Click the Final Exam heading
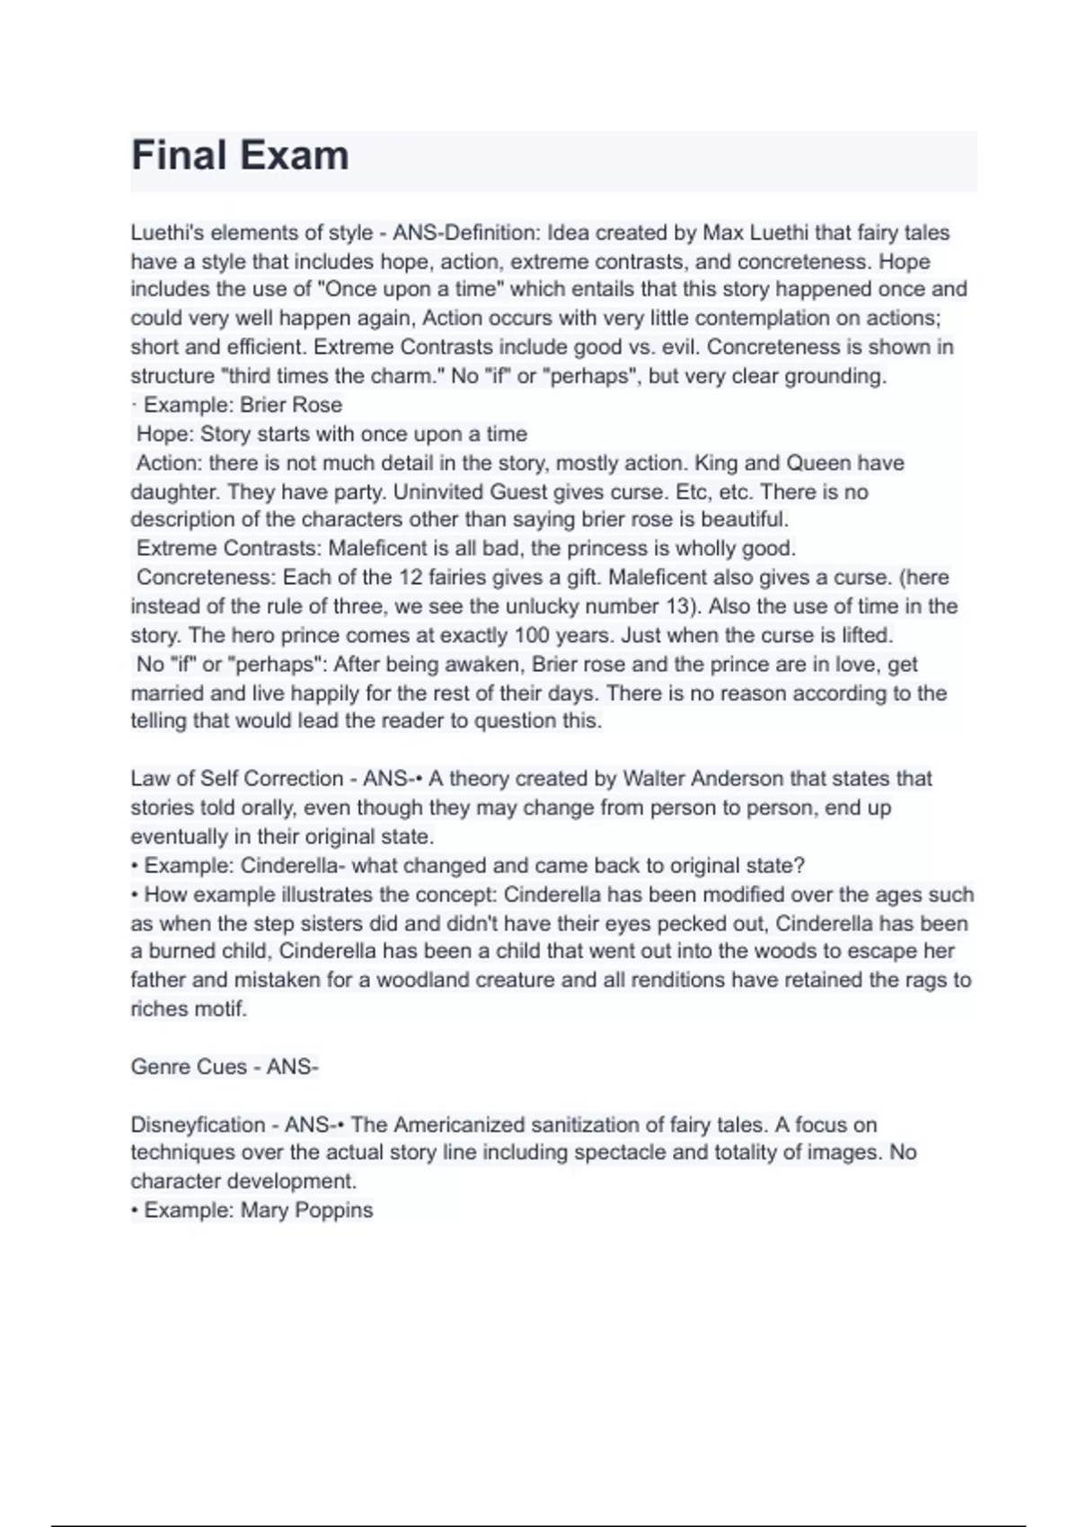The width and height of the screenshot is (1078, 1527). click(240, 155)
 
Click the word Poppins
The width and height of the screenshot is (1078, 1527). click(333, 1210)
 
